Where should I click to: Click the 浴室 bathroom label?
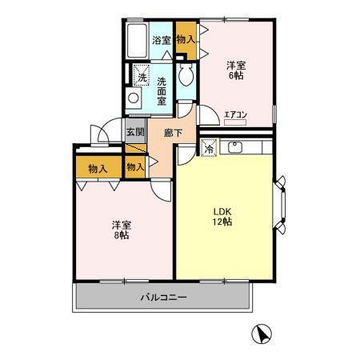pyautogui.click(x=161, y=40)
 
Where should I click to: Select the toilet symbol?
pyautogui.click(x=186, y=78)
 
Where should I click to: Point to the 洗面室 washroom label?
pyautogui.click(x=162, y=86)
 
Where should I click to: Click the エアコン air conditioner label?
pyautogui.click(x=235, y=115)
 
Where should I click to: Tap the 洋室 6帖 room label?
pyautogui.click(x=234, y=70)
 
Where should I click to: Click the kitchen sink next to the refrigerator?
pyautogui.click(x=237, y=146)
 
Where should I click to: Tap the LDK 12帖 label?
pyautogui.click(x=222, y=217)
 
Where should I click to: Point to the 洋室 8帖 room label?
pyautogui.click(x=122, y=230)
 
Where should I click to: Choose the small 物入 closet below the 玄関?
pyautogui.click(x=135, y=166)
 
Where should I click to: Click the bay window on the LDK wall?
pyautogui.click(x=282, y=204)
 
